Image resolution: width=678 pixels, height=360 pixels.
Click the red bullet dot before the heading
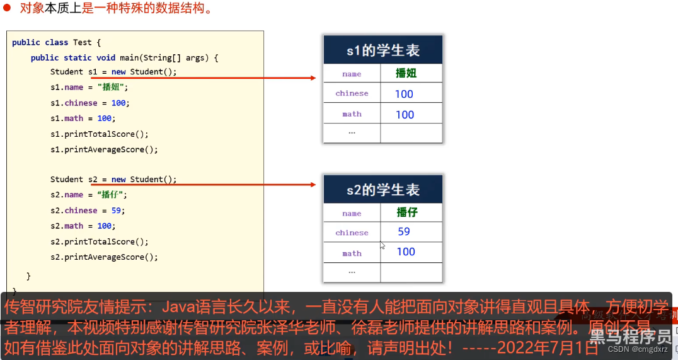tap(8, 8)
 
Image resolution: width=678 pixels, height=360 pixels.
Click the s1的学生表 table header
tap(382, 50)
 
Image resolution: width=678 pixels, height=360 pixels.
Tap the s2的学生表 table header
tap(382, 190)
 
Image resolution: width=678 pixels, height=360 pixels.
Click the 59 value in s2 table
tap(404, 231)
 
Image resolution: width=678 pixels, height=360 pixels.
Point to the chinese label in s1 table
tap(352, 93)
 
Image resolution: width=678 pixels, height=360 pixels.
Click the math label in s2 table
tap(352, 253)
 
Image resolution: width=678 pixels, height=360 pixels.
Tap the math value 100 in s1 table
tap(405, 115)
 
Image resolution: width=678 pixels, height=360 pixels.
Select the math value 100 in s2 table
tap(406, 252)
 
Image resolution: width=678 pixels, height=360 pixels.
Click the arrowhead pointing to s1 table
tap(312, 78)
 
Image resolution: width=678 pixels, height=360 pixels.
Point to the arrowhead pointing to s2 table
tap(312, 185)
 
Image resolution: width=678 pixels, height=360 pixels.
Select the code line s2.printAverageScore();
tap(104, 257)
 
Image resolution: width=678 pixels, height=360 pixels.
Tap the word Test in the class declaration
tap(82, 42)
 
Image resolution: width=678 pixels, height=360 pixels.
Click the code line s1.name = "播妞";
tap(89, 88)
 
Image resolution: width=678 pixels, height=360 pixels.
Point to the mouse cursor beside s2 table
tap(382, 245)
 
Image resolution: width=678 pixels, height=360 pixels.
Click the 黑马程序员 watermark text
tap(629, 337)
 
